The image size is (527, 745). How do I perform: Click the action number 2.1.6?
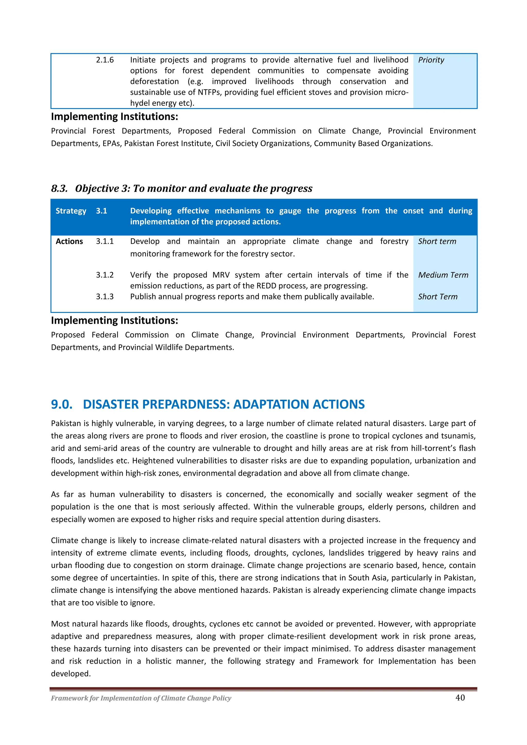(104, 60)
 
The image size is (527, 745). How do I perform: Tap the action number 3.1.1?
(104, 241)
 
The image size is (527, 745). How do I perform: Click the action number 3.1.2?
(104, 275)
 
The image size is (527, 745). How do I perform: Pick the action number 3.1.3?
(104, 296)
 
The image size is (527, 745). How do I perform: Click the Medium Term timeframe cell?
(443, 275)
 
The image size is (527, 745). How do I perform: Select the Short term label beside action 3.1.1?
(437, 241)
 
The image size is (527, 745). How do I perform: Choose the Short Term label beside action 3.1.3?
(437, 296)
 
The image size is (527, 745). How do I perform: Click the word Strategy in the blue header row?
(71, 211)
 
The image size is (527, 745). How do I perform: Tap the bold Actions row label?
(69, 241)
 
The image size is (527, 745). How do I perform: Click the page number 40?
(460, 698)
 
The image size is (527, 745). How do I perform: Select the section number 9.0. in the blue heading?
(62, 404)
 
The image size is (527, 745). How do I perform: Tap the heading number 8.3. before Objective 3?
(59, 189)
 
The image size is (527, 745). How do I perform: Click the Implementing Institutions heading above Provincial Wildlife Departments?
(114, 321)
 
